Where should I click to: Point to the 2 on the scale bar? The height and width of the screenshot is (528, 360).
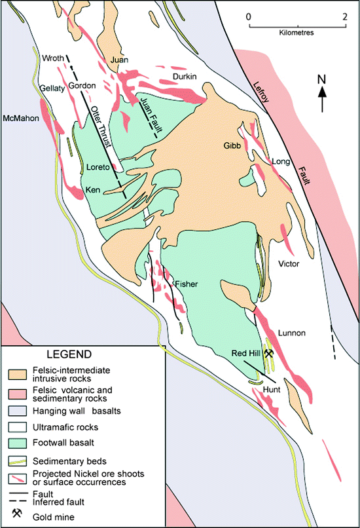tap(344, 16)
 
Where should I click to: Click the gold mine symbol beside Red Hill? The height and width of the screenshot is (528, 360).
tap(268, 352)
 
